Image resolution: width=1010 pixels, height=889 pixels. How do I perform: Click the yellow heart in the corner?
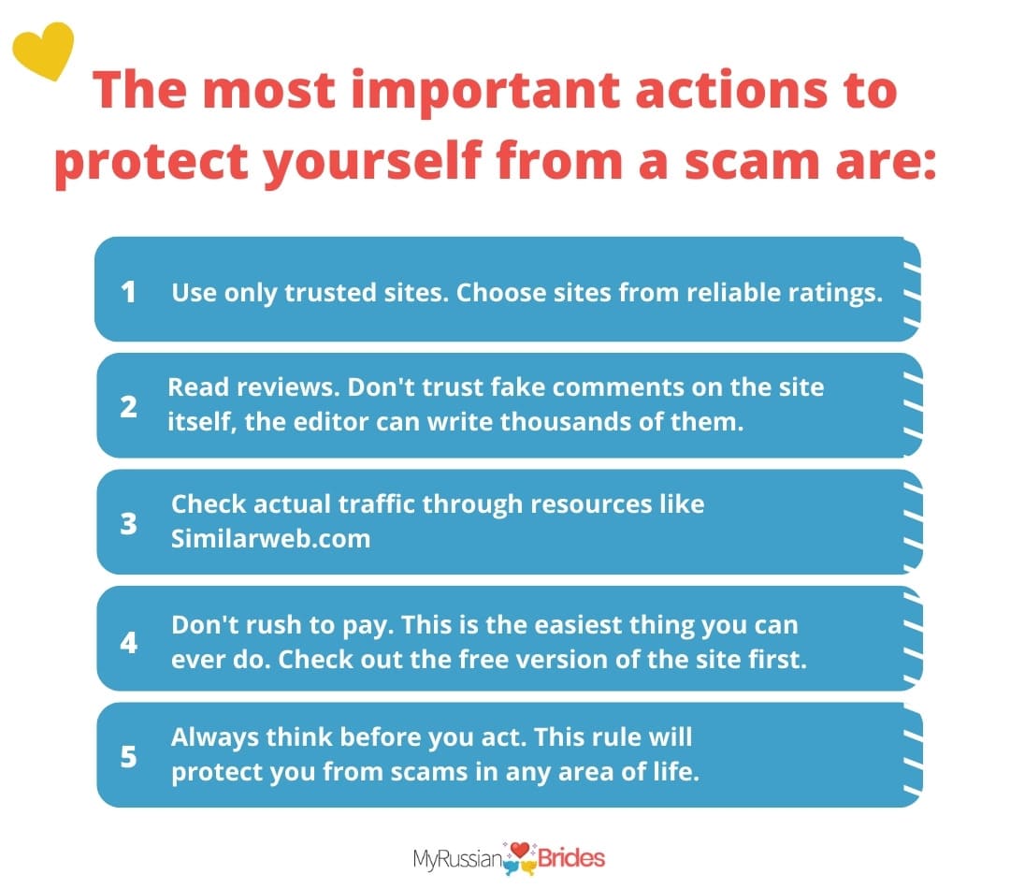(44, 51)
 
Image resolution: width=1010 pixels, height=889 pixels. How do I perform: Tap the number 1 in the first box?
(128, 292)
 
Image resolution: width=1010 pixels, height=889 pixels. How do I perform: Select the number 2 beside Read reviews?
(128, 407)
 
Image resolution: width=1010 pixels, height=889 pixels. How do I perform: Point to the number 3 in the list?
(129, 523)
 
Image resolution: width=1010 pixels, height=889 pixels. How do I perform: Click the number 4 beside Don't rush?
(129, 642)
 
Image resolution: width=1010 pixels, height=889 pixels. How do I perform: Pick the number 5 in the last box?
(129, 756)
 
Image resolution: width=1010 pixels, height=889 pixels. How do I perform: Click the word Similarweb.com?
(270, 538)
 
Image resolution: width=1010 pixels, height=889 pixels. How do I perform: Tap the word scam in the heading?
(751, 161)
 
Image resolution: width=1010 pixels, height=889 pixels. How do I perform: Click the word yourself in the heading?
(373, 161)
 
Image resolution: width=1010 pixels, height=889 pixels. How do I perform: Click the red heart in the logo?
(520, 851)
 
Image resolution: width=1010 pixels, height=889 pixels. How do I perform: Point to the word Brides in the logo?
(571, 859)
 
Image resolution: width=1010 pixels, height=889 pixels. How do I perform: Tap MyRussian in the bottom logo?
(458, 860)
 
